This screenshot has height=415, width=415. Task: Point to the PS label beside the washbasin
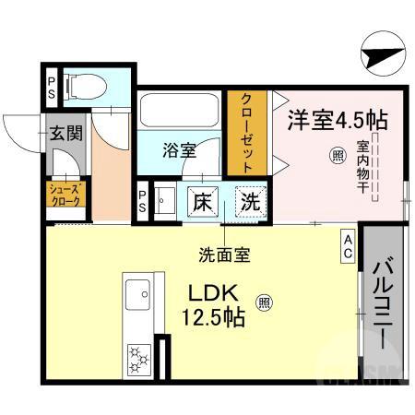(143, 201)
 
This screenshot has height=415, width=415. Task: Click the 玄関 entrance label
(66, 133)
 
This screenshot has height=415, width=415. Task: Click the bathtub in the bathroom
(182, 112)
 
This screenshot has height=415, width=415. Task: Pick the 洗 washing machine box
(248, 200)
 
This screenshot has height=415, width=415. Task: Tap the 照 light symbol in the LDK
(264, 302)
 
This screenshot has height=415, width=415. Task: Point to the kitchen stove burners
(139, 354)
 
